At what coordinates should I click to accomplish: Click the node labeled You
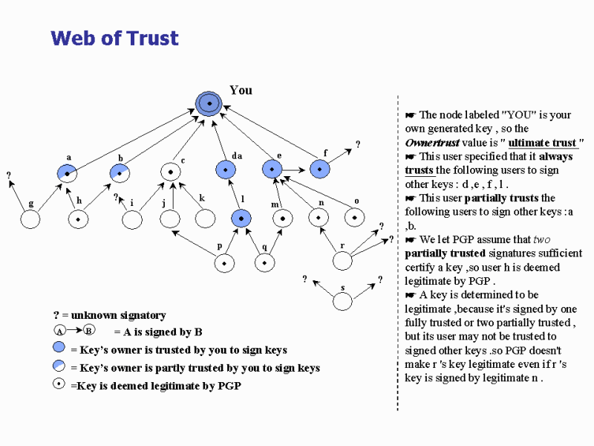(209, 103)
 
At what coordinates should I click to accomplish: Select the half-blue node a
(67, 174)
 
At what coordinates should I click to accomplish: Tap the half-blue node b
(120, 173)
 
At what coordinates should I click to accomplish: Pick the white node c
(171, 172)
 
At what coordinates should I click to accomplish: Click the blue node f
(320, 169)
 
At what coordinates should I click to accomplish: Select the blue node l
(241, 219)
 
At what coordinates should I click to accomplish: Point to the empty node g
(30, 219)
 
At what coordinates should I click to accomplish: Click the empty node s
(342, 302)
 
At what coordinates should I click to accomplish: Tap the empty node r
(342, 261)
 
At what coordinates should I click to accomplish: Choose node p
(224, 263)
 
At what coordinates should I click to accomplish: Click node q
(264, 263)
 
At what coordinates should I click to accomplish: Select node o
(355, 218)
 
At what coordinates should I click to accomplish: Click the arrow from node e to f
(293, 170)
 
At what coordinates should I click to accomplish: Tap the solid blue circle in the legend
(59, 346)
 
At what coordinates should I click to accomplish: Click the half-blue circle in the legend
(59, 365)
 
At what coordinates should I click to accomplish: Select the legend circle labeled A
(60, 331)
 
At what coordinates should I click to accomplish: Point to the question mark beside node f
(358, 144)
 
